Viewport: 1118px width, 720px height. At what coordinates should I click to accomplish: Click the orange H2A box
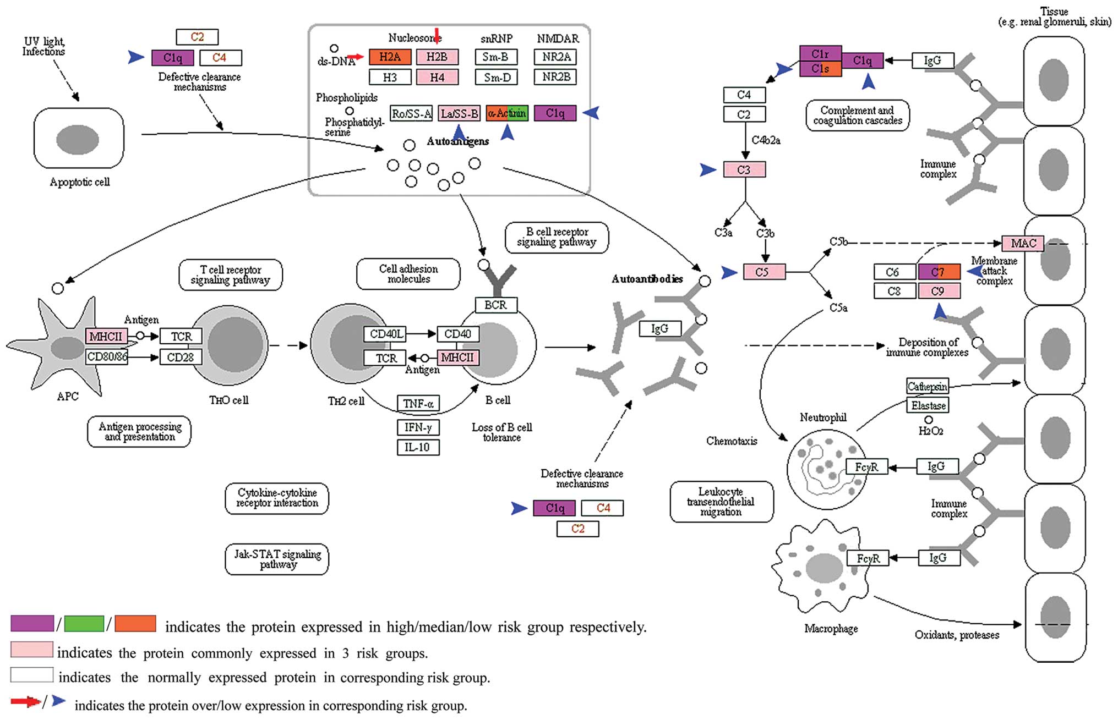tap(390, 57)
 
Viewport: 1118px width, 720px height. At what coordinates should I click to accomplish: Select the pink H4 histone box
tap(437, 77)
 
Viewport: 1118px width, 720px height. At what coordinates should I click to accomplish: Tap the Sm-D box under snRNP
tap(496, 77)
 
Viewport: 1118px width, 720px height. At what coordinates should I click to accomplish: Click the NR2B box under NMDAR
tap(555, 76)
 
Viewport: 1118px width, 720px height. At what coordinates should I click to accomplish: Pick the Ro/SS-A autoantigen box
tap(411, 113)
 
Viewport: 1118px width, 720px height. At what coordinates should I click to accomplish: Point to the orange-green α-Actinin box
tap(507, 113)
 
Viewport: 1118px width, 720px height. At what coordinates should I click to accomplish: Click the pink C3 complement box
tap(744, 169)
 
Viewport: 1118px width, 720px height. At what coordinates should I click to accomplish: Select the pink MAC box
tap(1023, 243)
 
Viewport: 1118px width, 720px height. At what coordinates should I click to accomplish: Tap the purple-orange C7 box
tap(939, 272)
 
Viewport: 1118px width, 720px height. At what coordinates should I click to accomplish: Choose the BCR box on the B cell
tap(496, 305)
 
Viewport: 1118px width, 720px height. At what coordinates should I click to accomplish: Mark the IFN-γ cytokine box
tap(418, 427)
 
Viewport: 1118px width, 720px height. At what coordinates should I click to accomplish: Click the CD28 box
tap(181, 357)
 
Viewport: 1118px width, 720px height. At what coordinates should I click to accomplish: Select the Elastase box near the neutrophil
tap(928, 405)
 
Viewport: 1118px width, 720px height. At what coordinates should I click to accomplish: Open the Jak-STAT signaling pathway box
tap(277, 559)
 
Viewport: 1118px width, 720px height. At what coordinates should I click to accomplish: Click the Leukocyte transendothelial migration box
tap(721, 502)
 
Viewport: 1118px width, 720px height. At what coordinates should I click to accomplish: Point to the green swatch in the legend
tap(84, 623)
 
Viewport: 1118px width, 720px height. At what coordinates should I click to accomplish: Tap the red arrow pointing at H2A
tap(356, 57)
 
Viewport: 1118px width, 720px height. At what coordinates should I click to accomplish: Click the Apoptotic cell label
tap(80, 182)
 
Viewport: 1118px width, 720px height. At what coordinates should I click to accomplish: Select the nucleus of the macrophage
tap(823, 567)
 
